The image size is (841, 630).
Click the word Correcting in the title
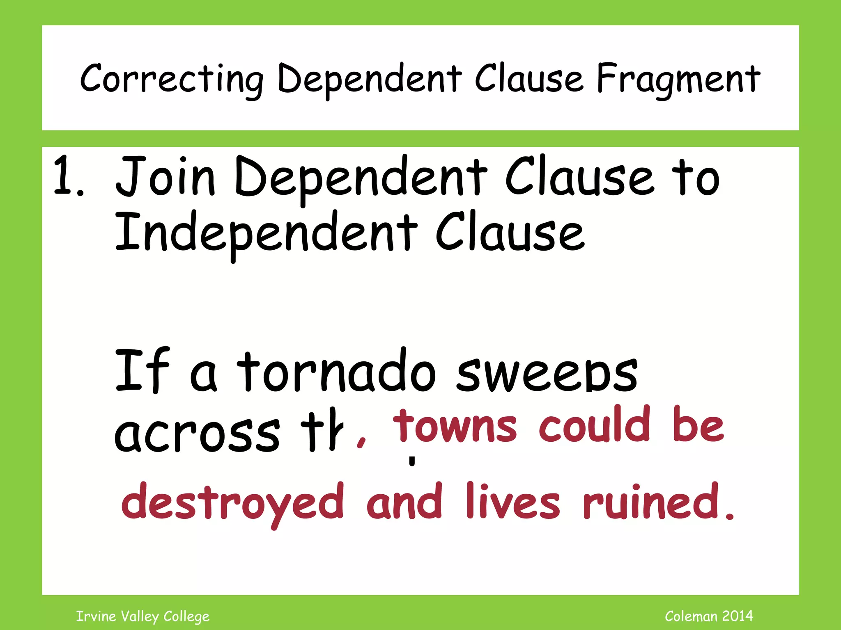pyautogui.click(x=172, y=79)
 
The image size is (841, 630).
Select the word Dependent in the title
pyautogui.click(x=370, y=79)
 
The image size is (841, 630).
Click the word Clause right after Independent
pyautogui.click(x=509, y=232)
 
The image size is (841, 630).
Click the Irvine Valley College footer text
pyautogui.click(x=143, y=616)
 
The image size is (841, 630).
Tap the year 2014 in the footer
pyautogui.click(x=738, y=616)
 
